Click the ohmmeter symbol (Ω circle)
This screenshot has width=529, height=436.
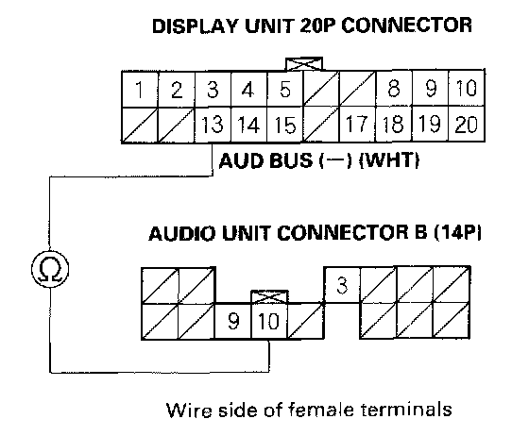50,269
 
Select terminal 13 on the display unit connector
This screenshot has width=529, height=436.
213,125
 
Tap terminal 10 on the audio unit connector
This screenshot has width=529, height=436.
269,321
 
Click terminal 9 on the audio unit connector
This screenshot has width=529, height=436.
233,321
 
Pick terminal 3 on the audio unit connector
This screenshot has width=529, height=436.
342,285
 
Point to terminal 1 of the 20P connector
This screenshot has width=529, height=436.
140,90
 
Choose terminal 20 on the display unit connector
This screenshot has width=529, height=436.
467,124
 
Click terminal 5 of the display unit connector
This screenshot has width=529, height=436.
284,90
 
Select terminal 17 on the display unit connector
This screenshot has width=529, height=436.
357,124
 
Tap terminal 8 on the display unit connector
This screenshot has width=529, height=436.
393,89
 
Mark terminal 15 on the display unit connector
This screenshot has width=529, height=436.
285,125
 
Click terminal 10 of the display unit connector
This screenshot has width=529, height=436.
467,89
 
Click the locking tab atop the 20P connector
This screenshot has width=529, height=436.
304,64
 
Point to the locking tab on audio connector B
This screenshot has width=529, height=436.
269,296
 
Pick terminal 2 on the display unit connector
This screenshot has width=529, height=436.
177,90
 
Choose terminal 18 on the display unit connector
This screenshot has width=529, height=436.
393,124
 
